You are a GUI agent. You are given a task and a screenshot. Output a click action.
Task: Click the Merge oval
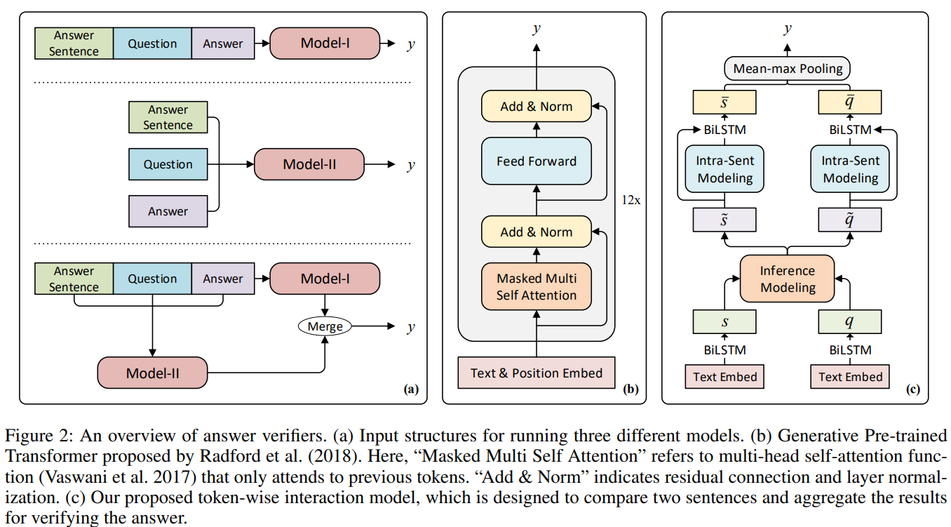325,326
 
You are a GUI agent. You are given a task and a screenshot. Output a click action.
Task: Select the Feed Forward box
537,161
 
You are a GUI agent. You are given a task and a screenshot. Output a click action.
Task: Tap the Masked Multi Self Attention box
537,287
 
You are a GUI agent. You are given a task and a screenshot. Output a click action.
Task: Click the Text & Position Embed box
537,373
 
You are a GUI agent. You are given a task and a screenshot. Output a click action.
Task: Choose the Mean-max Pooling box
788,69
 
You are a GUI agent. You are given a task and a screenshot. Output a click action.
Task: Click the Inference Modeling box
788,279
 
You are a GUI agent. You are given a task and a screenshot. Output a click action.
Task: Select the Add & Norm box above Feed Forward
537,107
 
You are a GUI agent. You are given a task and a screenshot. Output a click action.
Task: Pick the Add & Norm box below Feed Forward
537,232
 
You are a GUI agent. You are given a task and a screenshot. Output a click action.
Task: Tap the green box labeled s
725,322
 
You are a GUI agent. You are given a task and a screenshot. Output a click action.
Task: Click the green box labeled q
850,322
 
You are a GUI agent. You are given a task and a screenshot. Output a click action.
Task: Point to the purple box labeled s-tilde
725,220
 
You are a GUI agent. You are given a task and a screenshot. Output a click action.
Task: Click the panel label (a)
410,389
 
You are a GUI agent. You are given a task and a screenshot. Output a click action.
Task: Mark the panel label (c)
912,389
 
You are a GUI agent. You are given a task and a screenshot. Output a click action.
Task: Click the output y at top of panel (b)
537,29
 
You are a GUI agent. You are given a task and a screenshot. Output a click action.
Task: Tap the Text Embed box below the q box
850,377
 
